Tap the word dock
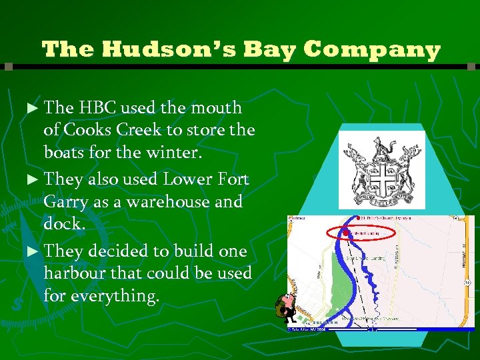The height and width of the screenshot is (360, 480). tap(64, 224)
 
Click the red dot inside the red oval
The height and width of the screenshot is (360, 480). tap(347, 233)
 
